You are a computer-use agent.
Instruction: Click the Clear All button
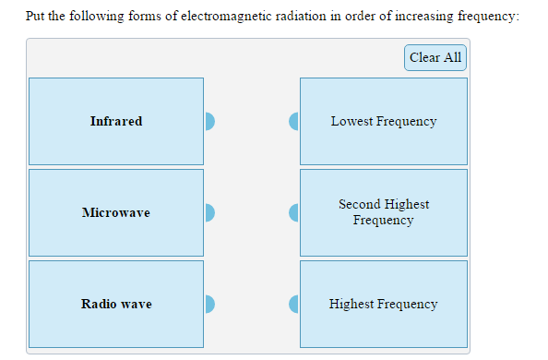click(435, 57)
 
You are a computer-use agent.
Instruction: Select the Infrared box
click(116, 121)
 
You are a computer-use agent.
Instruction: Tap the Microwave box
click(116, 212)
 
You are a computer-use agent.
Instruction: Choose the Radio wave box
click(116, 304)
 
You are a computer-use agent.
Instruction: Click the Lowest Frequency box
click(384, 121)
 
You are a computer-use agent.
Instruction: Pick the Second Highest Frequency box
click(384, 212)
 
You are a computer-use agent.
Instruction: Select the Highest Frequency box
click(384, 304)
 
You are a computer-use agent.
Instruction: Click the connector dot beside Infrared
click(209, 121)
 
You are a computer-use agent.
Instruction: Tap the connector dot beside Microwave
click(209, 212)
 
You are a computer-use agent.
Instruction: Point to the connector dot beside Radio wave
click(209, 304)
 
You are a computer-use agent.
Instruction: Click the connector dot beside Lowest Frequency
click(294, 121)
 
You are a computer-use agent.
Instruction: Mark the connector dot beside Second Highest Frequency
click(294, 212)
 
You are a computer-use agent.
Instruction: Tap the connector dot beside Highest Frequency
click(294, 304)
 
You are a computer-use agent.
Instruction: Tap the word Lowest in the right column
click(351, 121)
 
